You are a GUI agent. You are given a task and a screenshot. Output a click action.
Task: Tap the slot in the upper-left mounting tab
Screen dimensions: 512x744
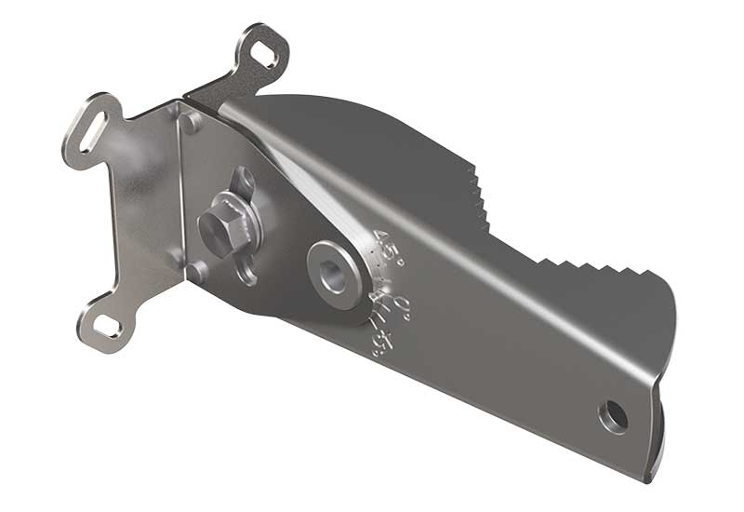[x=96, y=126]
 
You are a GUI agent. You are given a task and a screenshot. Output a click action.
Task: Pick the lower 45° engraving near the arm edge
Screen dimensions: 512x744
[x=379, y=342]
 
